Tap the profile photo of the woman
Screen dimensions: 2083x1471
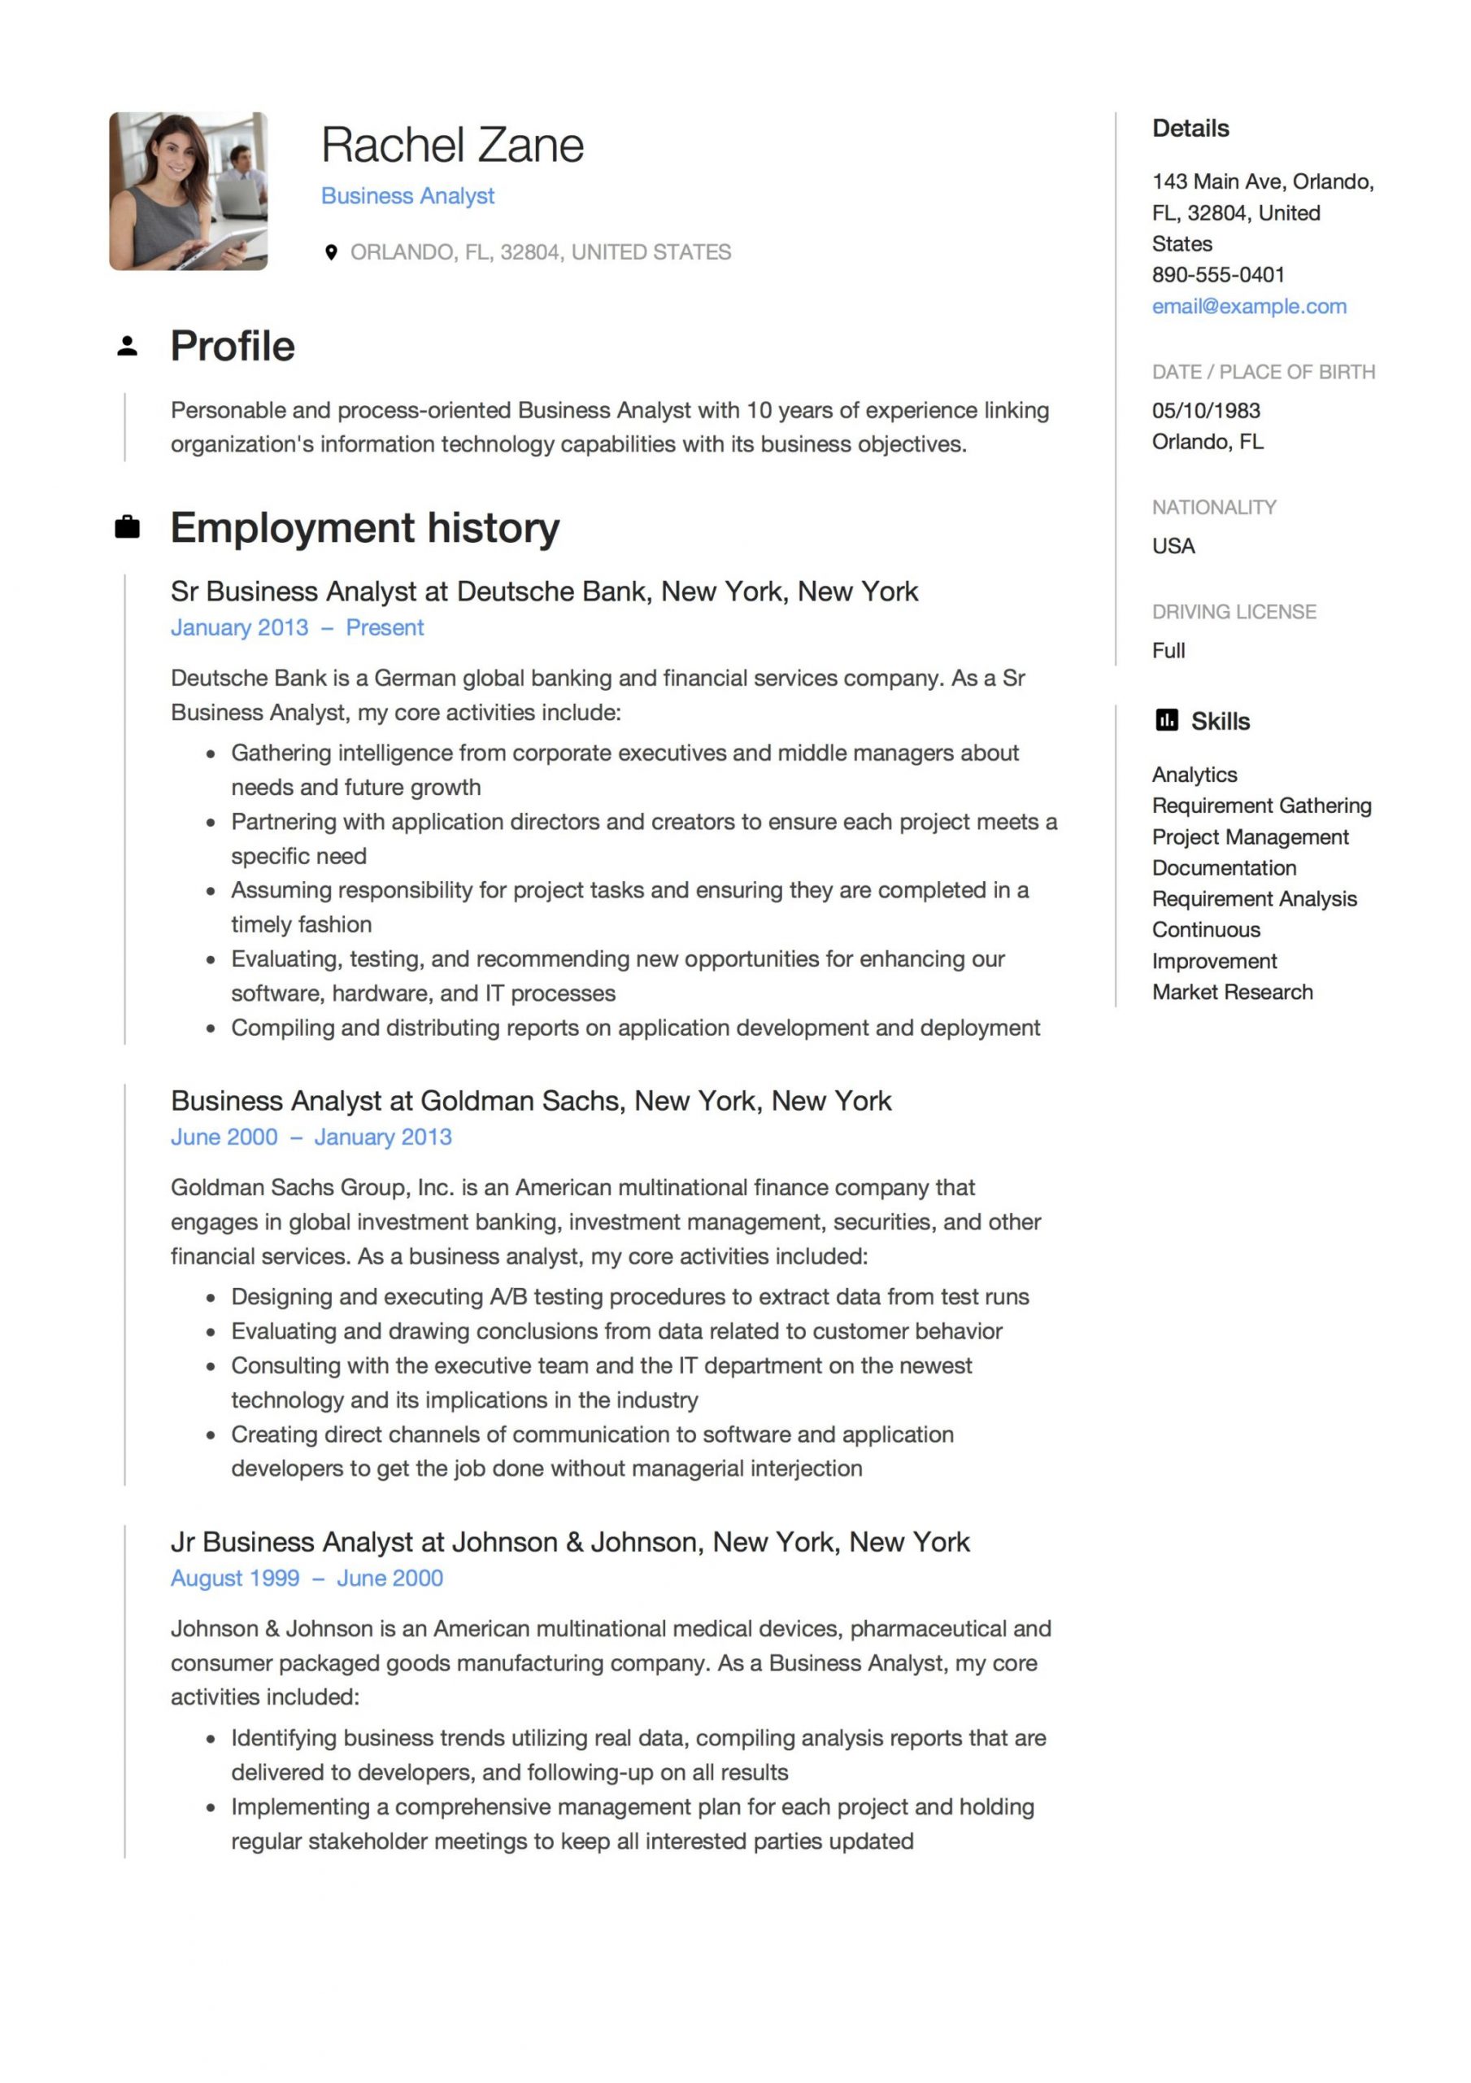188,190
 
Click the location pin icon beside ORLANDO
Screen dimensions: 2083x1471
331,252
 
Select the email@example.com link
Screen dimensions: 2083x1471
1248,307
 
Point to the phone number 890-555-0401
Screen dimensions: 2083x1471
1217,275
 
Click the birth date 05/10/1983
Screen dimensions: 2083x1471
1205,410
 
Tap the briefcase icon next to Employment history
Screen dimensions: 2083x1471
127,527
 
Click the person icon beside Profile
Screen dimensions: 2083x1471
127,346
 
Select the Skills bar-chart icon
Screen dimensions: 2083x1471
1166,720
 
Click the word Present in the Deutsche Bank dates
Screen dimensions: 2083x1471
385,628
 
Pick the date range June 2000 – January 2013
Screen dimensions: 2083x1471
311,1137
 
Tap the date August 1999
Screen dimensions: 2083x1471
235,1578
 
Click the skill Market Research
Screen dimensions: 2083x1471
1232,992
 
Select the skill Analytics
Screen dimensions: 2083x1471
1194,775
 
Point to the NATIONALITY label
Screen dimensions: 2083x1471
1213,507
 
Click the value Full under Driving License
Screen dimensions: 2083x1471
1168,650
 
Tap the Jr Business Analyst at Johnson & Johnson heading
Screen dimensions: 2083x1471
569,1541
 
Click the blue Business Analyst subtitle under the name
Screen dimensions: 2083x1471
407,196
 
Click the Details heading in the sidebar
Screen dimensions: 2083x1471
1190,129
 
